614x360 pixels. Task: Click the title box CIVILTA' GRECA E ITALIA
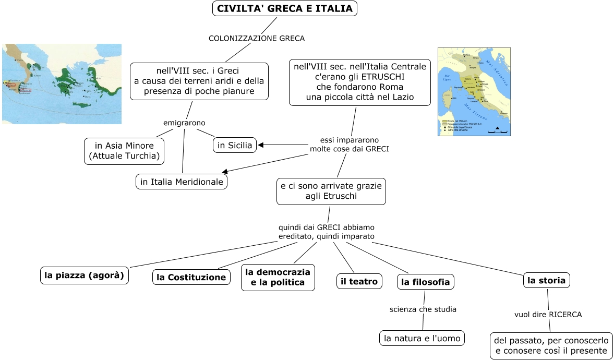[x=285, y=8]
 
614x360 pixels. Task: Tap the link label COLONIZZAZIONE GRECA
[x=256, y=38]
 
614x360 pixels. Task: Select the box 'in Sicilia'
[x=235, y=145]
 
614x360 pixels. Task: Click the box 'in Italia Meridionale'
[x=182, y=182]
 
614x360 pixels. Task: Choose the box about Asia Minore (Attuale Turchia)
[x=124, y=151]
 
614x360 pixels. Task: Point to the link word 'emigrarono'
[x=184, y=123]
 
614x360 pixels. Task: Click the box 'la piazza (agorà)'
[x=85, y=275]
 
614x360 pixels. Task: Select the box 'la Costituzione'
[x=191, y=277]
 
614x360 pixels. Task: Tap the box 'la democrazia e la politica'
[x=278, y=278]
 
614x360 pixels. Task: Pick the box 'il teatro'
[x=359, y=281]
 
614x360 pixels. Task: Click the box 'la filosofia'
[x=425, y=282]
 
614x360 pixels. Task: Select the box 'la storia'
[x=546, y=280]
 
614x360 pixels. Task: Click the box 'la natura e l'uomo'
[x=422, y=338]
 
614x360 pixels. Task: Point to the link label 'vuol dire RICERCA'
[x=548, y=315]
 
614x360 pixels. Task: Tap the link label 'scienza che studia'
[x=423, y=309]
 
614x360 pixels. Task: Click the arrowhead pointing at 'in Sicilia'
[x=261, y=145]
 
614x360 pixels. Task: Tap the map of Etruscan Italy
[x=474, y=92]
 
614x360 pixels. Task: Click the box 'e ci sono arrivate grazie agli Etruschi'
[x=331, y=191]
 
